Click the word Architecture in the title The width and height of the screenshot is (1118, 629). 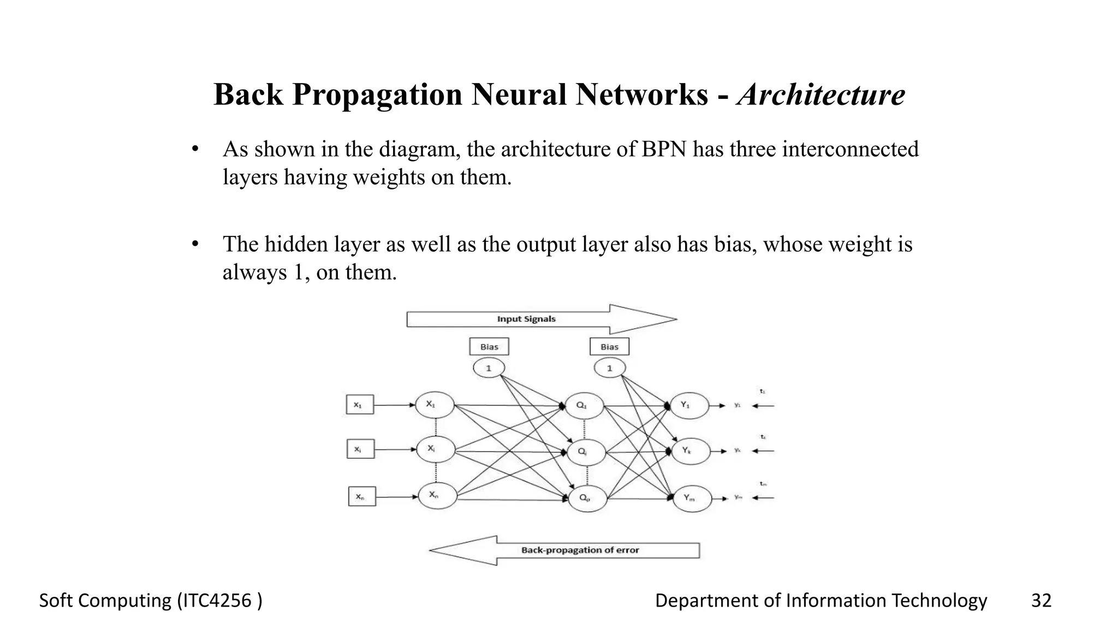click(x=820, y=94)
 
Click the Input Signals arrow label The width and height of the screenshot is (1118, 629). click(x=526, y=319)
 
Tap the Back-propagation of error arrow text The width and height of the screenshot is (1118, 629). click(x=580, y=550)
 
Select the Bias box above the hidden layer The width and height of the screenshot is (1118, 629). click(x=489, y=347)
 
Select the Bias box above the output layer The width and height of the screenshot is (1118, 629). click(x=609, y=347)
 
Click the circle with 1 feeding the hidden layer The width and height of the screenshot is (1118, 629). click(x=489, y=368)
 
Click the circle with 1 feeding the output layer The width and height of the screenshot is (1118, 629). click(x=609, y=368)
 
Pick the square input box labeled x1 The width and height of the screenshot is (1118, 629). click(x=360, y=405)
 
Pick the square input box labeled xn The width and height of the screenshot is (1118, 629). click(x=362, y=496)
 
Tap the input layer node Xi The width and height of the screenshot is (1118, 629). click(x=435, y=449)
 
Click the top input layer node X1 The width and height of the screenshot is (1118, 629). click(x=435, y=405)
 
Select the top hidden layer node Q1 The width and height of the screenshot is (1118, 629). click(x=584, y=406)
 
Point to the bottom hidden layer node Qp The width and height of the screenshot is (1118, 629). click(x=587, y=499)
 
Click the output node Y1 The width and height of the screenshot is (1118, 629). click(x=689, y=406)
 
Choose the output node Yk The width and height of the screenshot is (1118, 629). click(x=690, y=451)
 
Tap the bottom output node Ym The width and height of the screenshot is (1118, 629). click(x=692, y=499)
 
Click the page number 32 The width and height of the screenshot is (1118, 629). click(x=1040, y=601)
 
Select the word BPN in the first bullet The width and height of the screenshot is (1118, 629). click(x=663, y=149)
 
